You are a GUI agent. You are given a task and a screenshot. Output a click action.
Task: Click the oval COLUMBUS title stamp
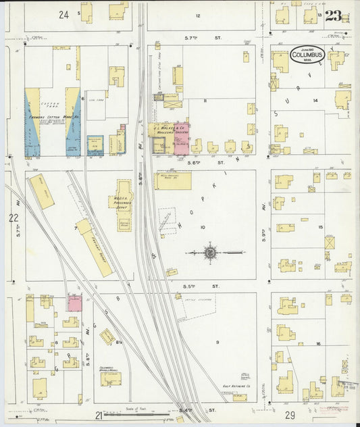[307, 53]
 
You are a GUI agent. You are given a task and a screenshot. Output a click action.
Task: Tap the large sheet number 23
[333, 16]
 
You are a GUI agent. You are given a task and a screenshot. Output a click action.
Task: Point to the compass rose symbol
[210, 253]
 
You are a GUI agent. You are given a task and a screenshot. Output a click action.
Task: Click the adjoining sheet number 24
[64, 14]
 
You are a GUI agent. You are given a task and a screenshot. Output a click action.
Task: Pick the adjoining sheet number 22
[14, 218]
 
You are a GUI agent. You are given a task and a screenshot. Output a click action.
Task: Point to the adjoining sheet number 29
[290, 413]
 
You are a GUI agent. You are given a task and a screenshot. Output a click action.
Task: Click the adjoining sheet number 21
[99, 414]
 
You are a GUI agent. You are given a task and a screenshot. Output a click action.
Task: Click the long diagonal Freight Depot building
[95, 247]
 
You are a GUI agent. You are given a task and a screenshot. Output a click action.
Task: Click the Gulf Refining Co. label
[238, 387]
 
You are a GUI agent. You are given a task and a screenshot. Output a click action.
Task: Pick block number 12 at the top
[198, 15]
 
